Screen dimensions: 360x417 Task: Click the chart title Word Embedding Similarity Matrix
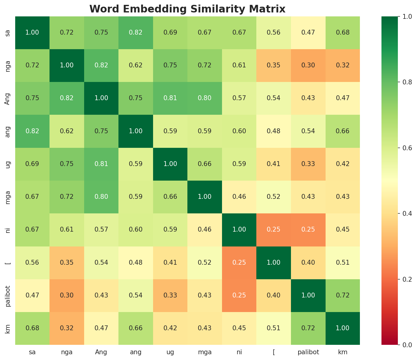coord(187,9)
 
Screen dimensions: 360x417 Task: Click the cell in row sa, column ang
coord(136,32)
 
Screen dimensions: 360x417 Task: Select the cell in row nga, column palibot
coord(308,65)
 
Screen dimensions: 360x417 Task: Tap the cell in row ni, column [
coord(274,229)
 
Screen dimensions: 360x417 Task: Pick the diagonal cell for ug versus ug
coord(170,164)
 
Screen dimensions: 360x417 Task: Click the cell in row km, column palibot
coord(308,328)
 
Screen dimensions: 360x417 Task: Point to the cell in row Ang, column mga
coord(205,98)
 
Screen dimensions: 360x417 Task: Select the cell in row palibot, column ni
coord(239,295)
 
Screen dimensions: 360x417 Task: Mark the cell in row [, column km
coord(343,263)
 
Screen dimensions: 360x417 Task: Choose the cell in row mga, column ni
coord(239,197)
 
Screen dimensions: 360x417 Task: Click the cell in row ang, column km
coord(343,131)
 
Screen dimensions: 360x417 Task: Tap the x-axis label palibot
coord(308,352)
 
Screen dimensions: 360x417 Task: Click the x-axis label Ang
coord(101,352)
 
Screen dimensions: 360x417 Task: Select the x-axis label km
coord(343,352)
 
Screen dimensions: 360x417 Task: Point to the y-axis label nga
coord(8,65)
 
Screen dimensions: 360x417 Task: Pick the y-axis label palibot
coord(8,295)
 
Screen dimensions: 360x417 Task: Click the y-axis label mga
coord(8,197)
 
